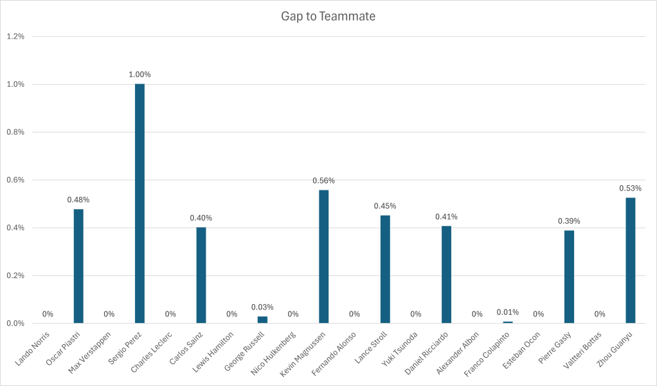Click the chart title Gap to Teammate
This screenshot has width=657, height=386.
tap(328, 16)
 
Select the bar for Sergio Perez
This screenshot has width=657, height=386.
tap(139, 203)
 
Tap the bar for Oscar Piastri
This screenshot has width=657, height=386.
tap(78, 266)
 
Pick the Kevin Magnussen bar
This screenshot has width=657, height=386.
tap(323, 256)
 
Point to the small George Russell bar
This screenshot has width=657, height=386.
tap(262, 320)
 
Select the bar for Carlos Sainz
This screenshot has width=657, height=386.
tap(201, 275)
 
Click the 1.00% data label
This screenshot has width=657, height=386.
tap(139, 75)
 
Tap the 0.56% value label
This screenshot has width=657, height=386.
tap(323, 181)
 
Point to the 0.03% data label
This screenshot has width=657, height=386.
tap(262, 307)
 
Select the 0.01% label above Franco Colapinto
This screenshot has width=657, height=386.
tap(507, 312)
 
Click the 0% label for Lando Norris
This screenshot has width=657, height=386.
tap(48, 314)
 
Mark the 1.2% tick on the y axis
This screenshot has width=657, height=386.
tap(15, 37)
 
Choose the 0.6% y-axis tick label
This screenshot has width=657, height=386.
tap(15, 180)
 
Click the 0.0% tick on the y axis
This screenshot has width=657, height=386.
tap(15, 323)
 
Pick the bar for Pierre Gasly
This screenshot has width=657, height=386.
tap(569, 277)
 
